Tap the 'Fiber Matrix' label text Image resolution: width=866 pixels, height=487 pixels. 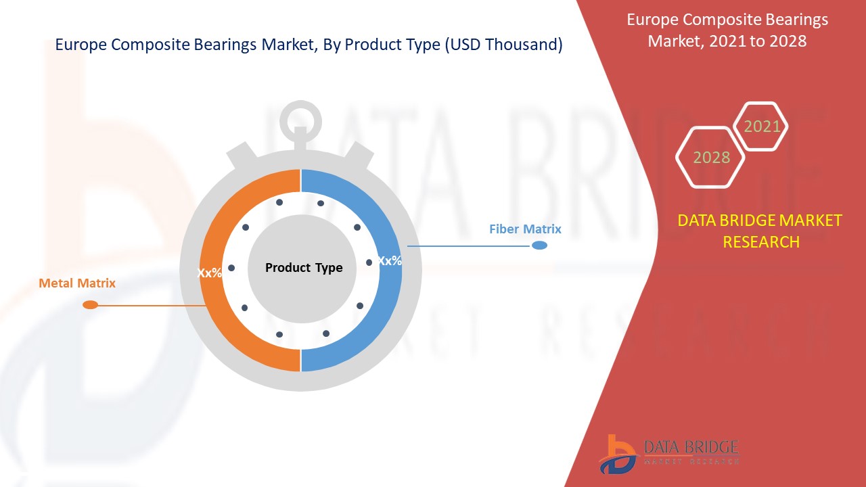point(525,229)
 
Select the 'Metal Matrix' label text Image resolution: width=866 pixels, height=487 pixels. point(77,283)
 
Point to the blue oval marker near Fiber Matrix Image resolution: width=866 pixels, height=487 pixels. point(539,246)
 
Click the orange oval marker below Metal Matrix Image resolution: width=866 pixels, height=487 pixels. point(90,305)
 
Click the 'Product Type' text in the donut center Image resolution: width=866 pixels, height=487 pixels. point(304,268)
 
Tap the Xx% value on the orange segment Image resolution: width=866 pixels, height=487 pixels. point(209,273)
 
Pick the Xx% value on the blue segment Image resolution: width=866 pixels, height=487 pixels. point(389,260)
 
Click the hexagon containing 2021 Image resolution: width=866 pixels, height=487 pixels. point(762,126)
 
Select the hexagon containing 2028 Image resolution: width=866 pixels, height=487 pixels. point(711,158)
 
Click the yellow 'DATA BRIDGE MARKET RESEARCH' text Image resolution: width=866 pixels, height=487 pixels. point(760,231)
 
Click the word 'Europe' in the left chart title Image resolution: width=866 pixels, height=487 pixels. point(78,45)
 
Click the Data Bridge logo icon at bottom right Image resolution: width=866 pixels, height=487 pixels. point(617,454)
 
